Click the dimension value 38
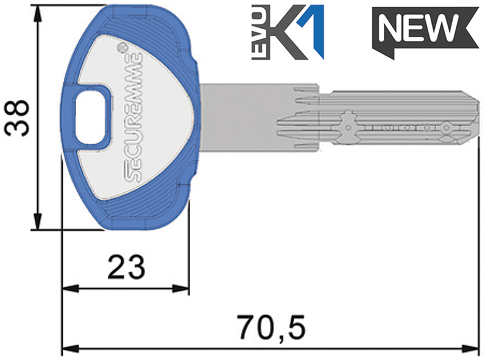click(x=16, y=118)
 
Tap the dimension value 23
click(x=126, y=267)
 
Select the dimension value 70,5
click(x=271, y=326)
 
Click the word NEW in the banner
click(x=418, y=28)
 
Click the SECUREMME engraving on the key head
click(x=133, y=118)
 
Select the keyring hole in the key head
click(x=90, y=119)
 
